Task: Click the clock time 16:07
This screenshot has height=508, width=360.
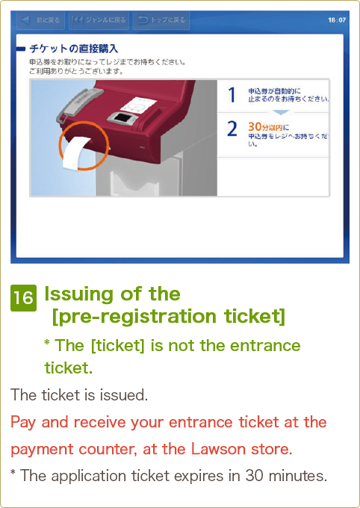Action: coord(337,20)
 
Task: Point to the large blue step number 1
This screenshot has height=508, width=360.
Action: coord(232,95)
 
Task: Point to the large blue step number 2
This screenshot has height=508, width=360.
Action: coord(232,128)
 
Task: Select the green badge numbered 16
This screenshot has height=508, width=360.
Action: coord(23,298)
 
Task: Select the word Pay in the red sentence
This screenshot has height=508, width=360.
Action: coord(23,422)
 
